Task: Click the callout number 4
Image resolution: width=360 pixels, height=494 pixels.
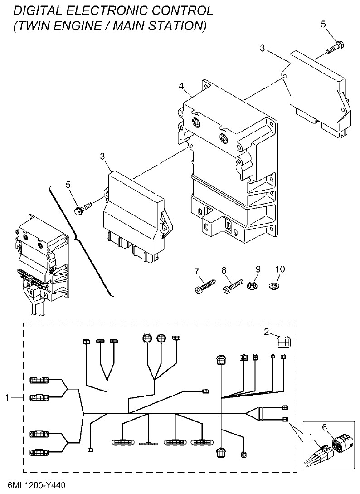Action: [x=181, y=86]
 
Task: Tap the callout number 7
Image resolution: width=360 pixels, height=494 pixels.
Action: [x=197, y=272]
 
